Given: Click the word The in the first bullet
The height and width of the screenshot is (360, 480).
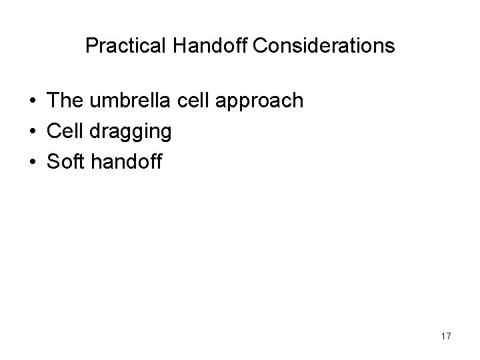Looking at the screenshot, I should (64, 101).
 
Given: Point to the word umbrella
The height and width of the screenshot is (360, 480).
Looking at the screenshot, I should (125, 101).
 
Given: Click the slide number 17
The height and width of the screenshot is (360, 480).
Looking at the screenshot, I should (445, 337).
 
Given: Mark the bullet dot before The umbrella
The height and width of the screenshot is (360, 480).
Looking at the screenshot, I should (32, 102).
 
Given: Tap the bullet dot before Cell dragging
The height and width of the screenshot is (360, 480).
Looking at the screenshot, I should (32, 132).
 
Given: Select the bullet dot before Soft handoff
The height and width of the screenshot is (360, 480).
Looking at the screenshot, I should (32, 162).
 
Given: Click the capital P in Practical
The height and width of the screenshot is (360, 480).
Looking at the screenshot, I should (92, 46).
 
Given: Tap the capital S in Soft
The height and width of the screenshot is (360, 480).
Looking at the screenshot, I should (53, 161).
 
